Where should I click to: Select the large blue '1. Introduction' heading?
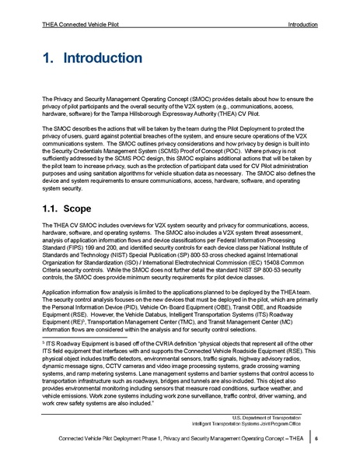point(91,59)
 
